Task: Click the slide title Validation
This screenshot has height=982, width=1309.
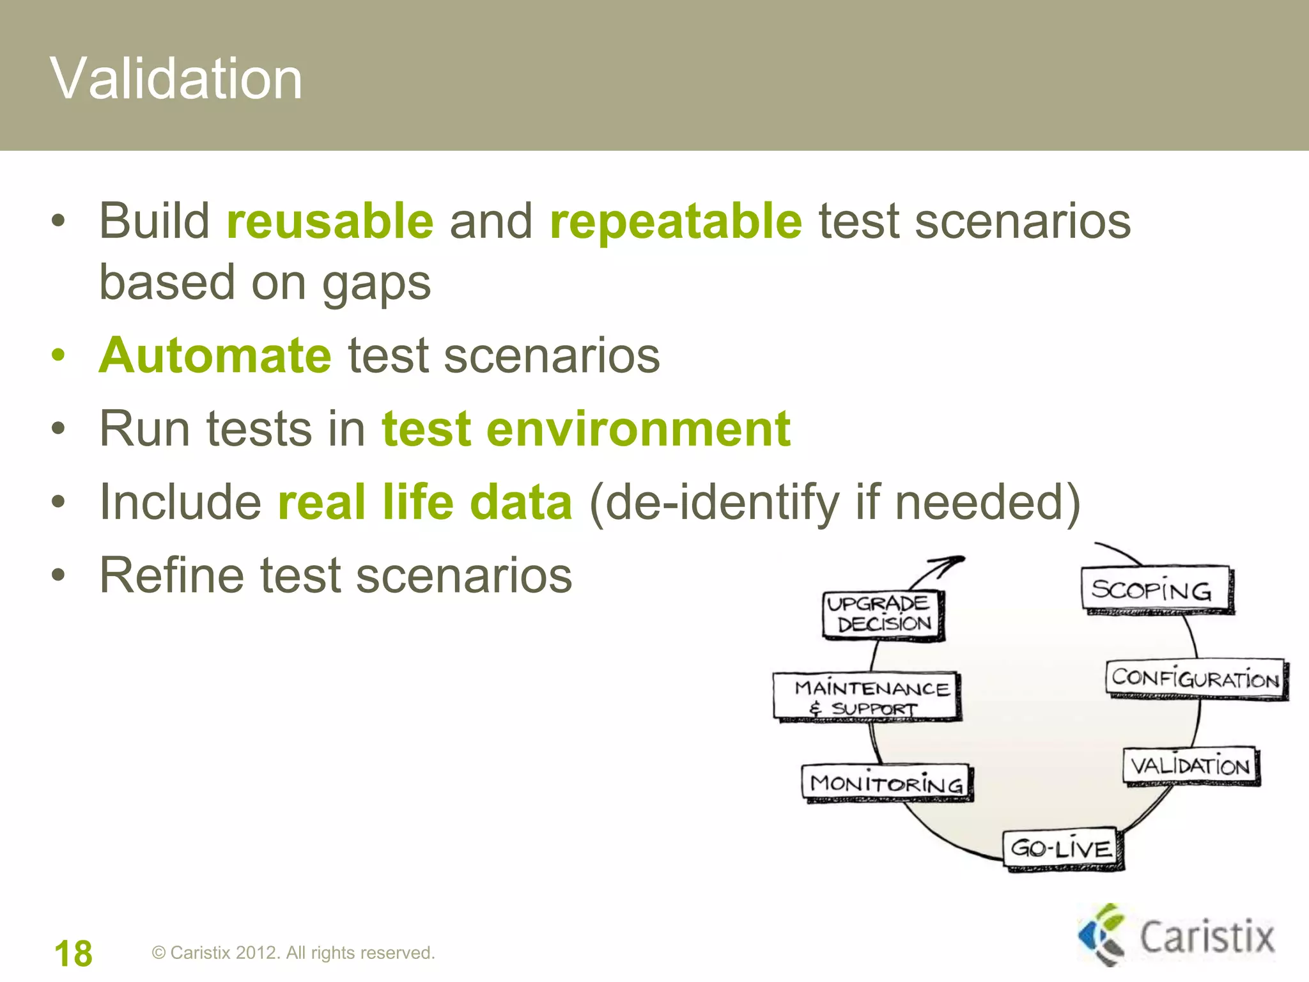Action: [176, 79]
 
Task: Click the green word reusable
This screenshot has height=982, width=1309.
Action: [330, 221]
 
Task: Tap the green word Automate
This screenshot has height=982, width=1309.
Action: [215, 355]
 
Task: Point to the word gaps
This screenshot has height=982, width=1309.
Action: [376, 283]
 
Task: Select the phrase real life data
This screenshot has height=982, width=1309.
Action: [425, 503]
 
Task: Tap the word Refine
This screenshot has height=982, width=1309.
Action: [172, 575]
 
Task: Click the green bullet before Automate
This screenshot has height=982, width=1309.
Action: [58, 355]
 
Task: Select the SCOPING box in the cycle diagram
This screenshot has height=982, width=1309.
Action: [1156, 589]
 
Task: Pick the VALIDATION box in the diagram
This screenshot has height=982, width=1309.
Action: [1190, 766]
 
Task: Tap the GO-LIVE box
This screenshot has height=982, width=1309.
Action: [1062, 849]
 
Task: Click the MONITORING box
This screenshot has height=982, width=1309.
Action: [887, 783]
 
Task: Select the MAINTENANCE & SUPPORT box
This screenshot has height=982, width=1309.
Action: [867, 697]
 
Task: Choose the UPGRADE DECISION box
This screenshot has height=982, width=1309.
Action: [882, 614]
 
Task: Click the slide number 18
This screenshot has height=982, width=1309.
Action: [74, 953]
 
